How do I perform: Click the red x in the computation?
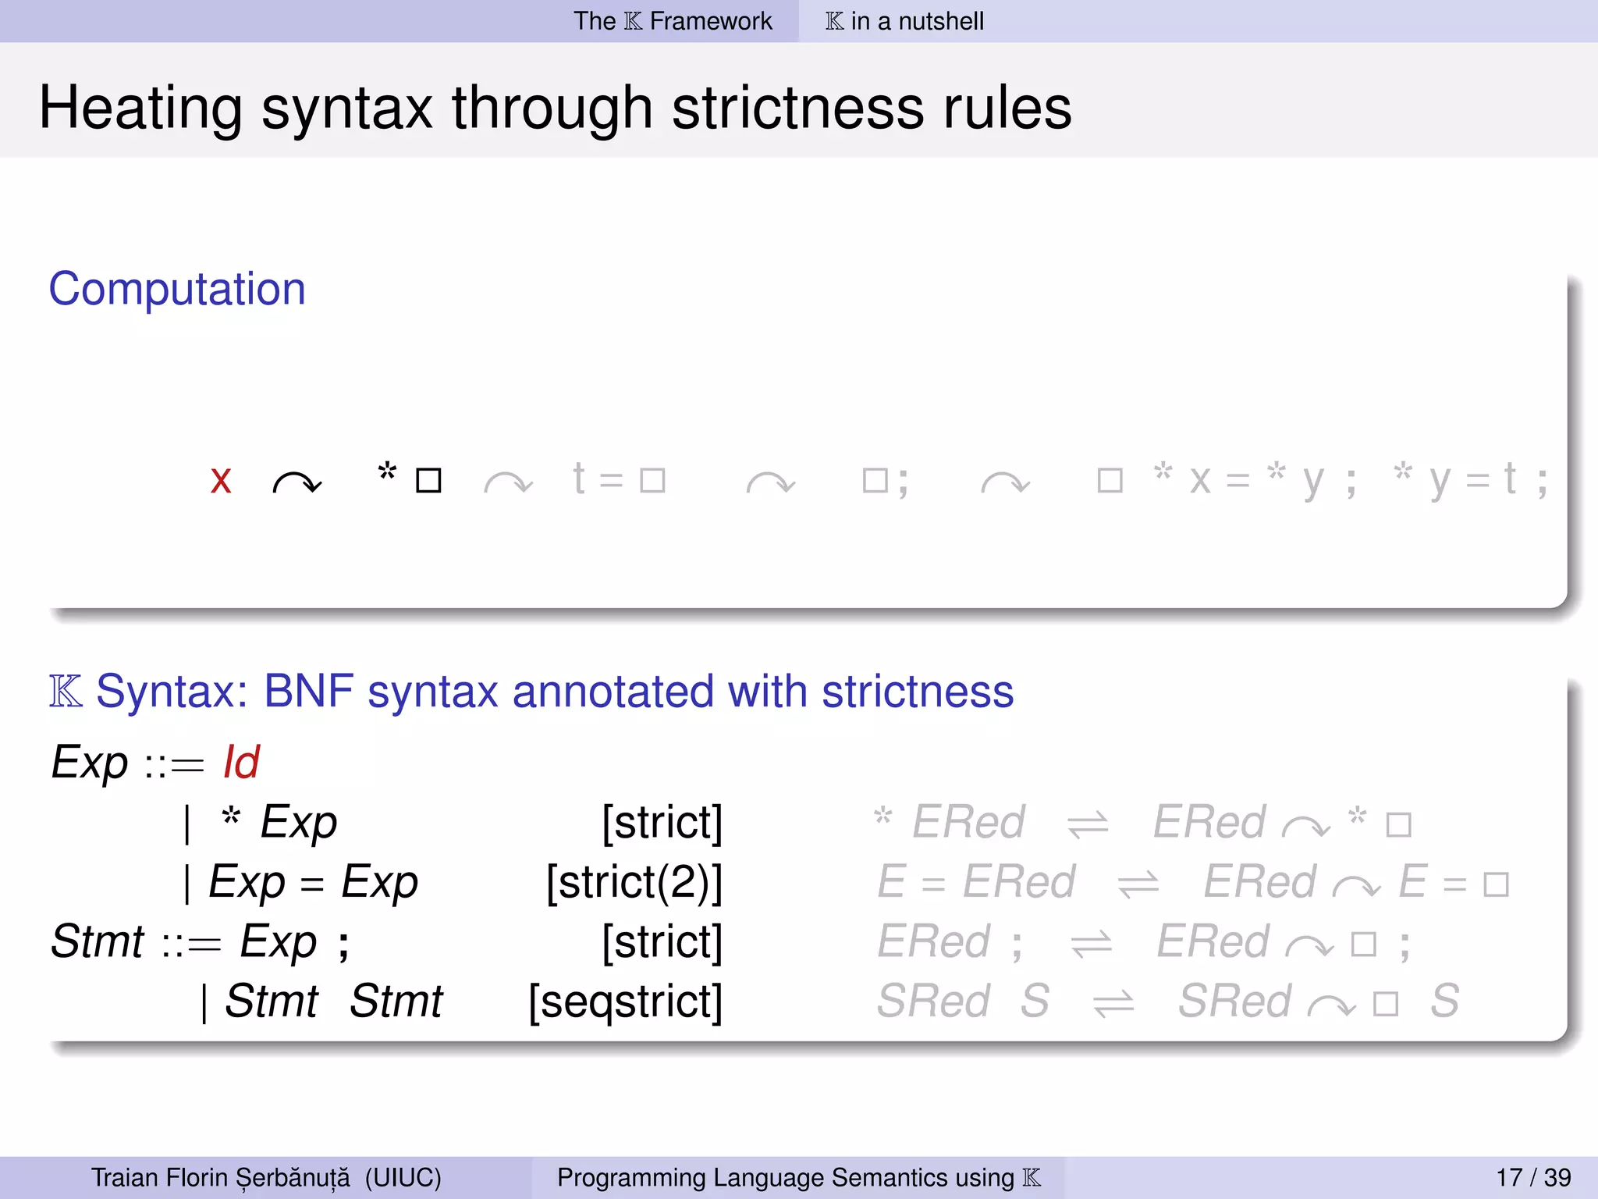pyautogui.click(x=221, y=481)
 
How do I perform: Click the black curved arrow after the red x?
pyautogui.click(x=297, y=484)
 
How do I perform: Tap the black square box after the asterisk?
pyautogui.click(x=428, y=481)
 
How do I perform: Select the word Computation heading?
pyautogui.click(x=177, y=289)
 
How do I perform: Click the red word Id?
pyautogui.click(x=241, y=762)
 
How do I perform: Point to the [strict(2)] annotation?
pyautogui.click(x=634, y=882)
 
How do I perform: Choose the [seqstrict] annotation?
pyautogui.click(x=625, y=1002)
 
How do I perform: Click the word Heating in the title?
pyautogui.click(x=140, y=108)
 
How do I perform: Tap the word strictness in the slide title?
pyautogui.click(x=797, y=108)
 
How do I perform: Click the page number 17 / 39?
pyautogui.click(x=1533, y=1177)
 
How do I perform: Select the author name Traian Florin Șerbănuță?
pyautogui.click(x=221, y=1177)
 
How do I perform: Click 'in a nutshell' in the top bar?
pyautogui.click(x=918, y=21)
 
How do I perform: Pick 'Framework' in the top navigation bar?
pyautogui.click(x=711, y=21)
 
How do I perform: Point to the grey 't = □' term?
pyautogui.click(x=618, y=479)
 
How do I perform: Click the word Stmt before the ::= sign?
pyautogui.click(x=98, y=941)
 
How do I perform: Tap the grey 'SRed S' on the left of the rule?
pyautogui.click(x=963, y=1002)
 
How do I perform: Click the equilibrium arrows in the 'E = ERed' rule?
pyautogui.click(x=1138, y=884)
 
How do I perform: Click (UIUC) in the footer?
pyautogui.click(x=403, y=1177)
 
